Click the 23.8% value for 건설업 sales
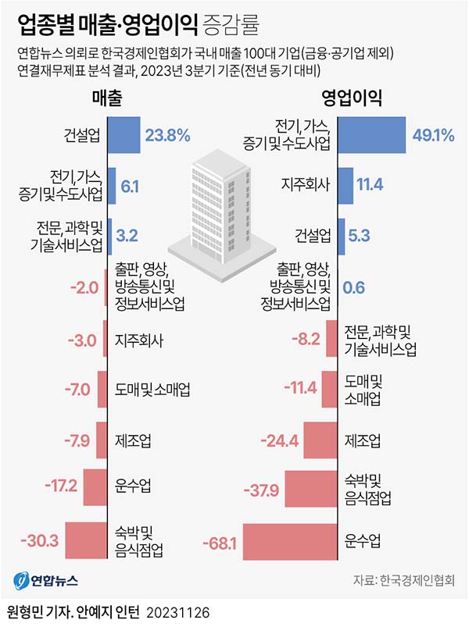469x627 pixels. pyautogui.click(x=168, y=136)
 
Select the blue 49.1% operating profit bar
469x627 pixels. pyautogui.click(x=372, y=135)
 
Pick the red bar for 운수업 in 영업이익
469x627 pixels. pyautogui.click(x=292, y=542)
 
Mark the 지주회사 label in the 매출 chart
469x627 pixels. pyautogui.click(x=138, y=341)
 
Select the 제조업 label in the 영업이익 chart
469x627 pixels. pyautogui.click(x=363, y=441)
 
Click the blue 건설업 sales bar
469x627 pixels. pyautogui.click(x=123, y=136)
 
